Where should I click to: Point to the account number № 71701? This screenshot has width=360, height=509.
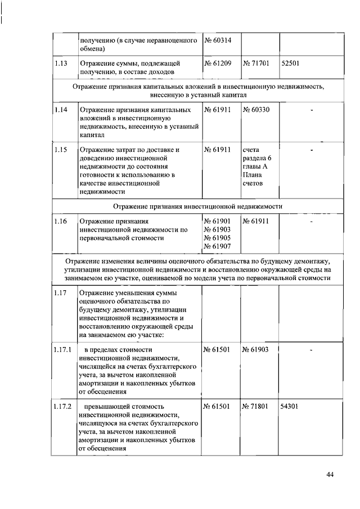(x=256, y=64)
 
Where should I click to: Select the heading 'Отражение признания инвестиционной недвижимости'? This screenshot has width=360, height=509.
(x=197, y=206)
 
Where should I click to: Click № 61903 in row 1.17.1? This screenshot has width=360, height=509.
(x=256, y=350)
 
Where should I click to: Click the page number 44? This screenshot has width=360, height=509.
(x=330, y=475)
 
